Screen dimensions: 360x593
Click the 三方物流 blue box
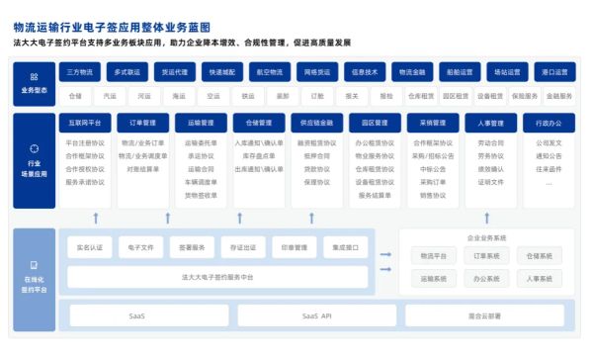pyautogui.click(x=81, y=72)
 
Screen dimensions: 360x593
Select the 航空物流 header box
pyautogui.click(x=268, y=72)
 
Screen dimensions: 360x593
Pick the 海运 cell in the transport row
pyautogui.click(x=178, y=96)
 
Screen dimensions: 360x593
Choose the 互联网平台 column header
pyautogui.click(x=86, y=124)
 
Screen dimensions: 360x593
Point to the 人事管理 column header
pyautogui.click(x=490, y=124)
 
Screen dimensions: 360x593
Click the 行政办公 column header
pyautogui.click(x=549, y=124)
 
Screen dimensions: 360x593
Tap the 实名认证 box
pyautogui.click(x=88, y=247)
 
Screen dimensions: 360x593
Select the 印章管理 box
pyautogui.click(x=295, y=247)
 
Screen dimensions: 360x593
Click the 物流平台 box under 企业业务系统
pyautogui.click(x=434, y=256)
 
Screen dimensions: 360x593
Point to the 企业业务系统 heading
pyautogui.click(x=486, y=238)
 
